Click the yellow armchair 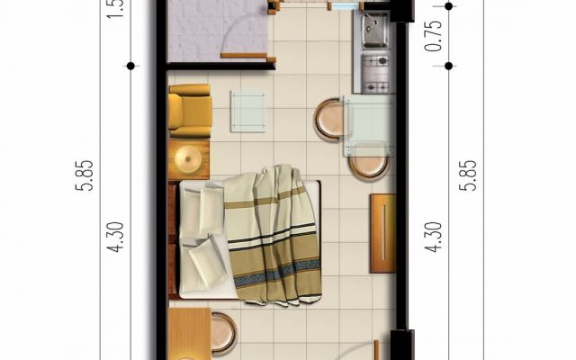coord(189,110)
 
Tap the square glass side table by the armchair coord(247,112)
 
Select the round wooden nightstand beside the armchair coord(189,160)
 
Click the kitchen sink coord(375,32)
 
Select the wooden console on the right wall coord(382,232)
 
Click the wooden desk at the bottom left coord(189,335)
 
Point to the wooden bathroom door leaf coord(247,56)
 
